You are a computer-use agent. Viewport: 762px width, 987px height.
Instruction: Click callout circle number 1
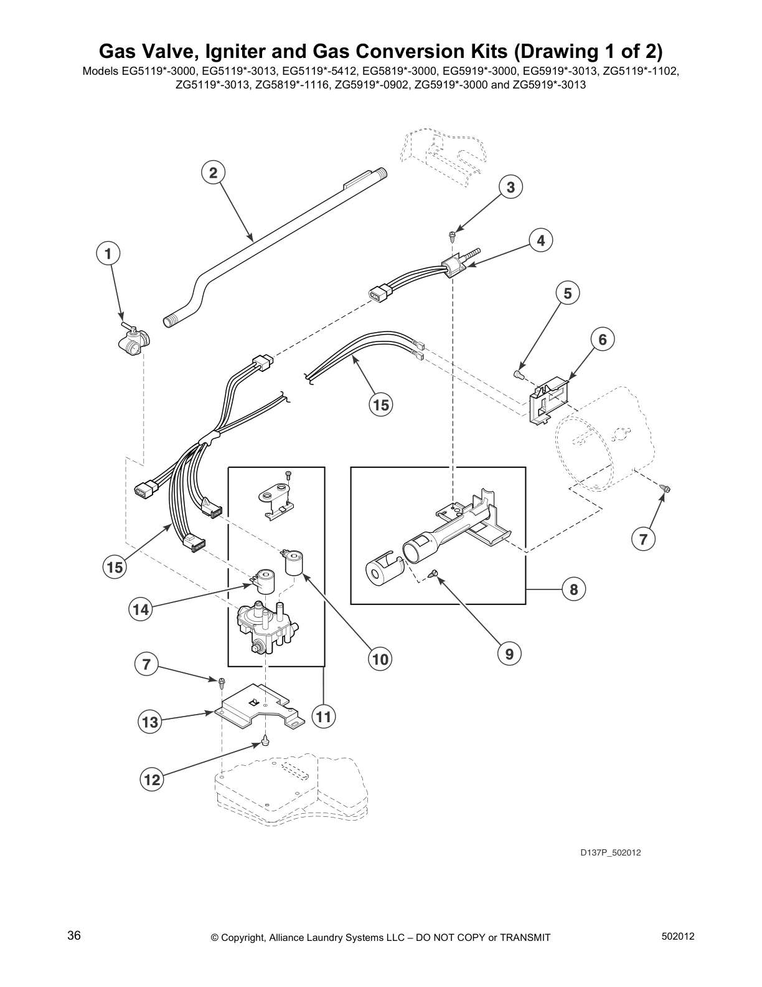pos(108,254)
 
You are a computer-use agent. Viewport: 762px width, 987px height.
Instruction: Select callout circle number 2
pos(213,173)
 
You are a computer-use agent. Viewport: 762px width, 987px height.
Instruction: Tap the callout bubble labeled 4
pos(540,241)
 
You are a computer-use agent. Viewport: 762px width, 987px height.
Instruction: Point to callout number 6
pos(602,340)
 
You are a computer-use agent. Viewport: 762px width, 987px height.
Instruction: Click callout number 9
pos(509,654)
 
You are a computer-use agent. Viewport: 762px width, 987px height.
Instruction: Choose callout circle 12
pos(152,780)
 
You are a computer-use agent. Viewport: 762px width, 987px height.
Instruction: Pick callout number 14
pos(141,609)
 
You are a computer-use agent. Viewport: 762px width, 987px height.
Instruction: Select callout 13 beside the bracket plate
pos(150,722)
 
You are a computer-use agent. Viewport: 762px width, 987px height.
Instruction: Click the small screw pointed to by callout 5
pos(517,374)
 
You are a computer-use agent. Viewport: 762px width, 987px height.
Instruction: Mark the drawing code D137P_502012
pos(610,852)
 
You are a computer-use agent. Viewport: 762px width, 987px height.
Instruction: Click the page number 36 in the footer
pos(74,936)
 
